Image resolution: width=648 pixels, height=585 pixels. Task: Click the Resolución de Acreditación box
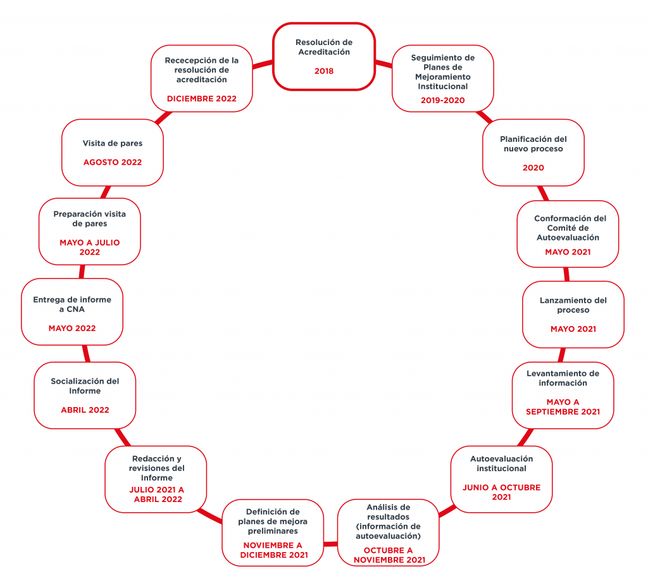pos(324,56)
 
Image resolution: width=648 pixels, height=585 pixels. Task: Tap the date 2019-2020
pos(442,101)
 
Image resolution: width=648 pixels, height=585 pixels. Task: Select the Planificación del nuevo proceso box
pos(533,153)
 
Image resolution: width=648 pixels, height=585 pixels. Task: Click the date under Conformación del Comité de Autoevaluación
pos(568,252)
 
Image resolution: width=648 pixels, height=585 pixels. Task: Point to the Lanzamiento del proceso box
pos(573,315)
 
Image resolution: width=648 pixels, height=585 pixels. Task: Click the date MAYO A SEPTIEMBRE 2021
pos(563,407)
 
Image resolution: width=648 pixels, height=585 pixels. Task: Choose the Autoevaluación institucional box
pos(501,479)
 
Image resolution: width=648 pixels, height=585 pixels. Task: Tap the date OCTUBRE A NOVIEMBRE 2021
pos(389,555)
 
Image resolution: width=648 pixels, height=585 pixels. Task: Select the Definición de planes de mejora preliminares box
pos(273,533)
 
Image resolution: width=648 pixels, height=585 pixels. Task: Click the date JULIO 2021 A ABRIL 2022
pos(157,494)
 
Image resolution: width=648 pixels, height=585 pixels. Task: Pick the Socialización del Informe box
pos(85,395)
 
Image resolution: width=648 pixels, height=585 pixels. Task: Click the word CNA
pos(76,309)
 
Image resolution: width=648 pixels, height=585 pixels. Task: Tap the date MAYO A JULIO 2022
pos(90,247)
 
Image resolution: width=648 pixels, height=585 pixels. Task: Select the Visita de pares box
pos(113,153)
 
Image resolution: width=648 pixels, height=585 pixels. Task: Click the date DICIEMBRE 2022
pos(202,99)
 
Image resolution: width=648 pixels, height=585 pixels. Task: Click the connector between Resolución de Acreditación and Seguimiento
pos(384,64)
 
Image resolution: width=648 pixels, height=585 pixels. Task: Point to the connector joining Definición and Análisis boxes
pos(330,544)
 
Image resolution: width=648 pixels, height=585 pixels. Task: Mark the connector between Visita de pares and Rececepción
pos(163,117)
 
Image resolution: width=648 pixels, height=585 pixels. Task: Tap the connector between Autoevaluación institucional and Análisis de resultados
pos(447,511)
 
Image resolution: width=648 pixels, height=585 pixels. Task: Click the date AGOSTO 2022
pos(113,163)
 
